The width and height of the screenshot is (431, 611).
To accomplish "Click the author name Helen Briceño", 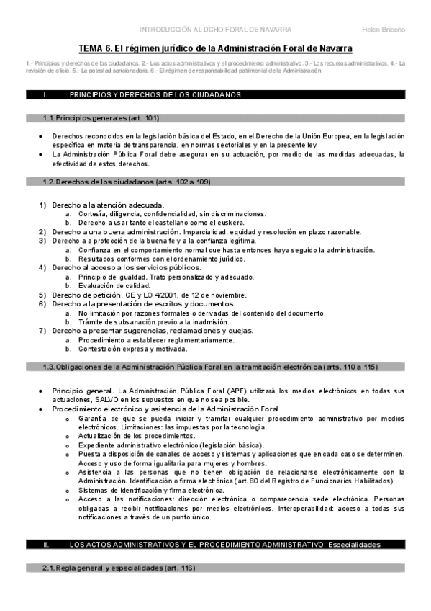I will point(385,29).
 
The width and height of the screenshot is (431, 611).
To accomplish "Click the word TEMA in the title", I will point(93,48).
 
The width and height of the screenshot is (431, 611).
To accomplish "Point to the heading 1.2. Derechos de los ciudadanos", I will point(127,182).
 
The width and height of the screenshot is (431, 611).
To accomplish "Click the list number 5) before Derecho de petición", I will point(42,295).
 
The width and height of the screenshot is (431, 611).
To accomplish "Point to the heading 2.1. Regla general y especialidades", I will point(119,568).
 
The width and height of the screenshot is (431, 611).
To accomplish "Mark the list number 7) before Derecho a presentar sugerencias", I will point(42,331).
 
